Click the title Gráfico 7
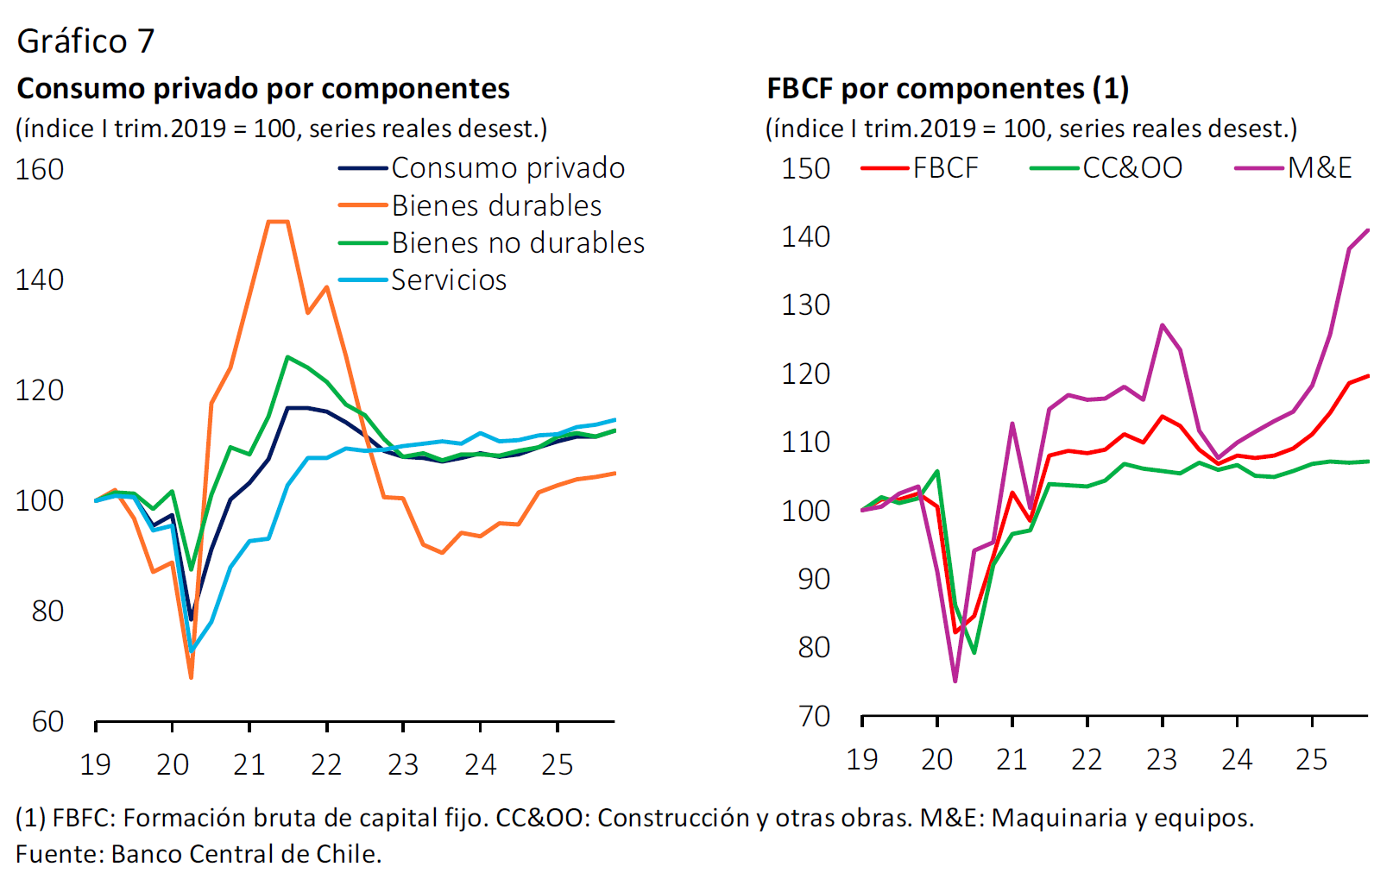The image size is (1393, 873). tap(85, 41)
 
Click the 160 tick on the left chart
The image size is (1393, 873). tap(40, 169)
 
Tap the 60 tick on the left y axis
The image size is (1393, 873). tap(47, 721)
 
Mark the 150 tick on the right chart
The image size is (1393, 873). tap(805, 168)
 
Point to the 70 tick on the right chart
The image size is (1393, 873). tap(814, 716)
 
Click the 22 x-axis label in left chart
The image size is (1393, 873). tap(326, 764)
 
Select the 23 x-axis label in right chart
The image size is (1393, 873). tap(1162, 759)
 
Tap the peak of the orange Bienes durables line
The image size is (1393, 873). tap(278, 222)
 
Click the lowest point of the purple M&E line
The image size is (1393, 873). tap(955, 681)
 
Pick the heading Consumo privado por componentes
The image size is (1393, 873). tap(263, 88)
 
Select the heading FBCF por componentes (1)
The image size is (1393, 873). tap(948, 88)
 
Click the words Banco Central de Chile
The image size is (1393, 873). tap(246, 853)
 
